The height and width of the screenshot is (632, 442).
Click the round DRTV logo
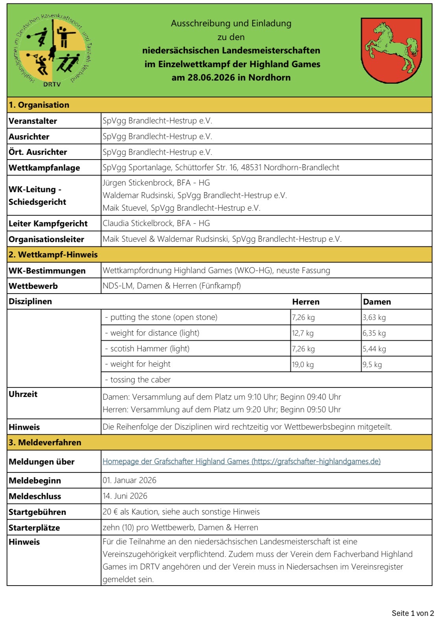click(x=53, y=50)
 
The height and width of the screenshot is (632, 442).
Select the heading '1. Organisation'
click(x=39, y=105)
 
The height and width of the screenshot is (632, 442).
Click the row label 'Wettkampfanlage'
click(x=44, y=168)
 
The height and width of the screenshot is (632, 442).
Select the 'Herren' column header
click(x=305, y=302)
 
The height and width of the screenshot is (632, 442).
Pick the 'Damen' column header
click(x=377, y=302)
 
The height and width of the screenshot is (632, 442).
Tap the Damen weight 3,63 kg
click(x=374, y=318)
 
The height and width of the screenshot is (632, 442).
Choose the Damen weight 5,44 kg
click(x=374, y=349)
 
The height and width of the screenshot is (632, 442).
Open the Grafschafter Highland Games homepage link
click(x=241, y=461)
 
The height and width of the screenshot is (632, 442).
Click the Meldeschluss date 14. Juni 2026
click(x=125, y=496)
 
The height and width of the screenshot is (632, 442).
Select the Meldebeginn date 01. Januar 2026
click(x=129, y=480)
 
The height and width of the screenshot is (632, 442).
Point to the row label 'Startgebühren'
click(x=37, y=512)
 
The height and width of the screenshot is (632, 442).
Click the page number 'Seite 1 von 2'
click(x=412, y=613)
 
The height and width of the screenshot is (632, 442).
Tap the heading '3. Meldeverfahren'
click(x=45, y=443)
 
